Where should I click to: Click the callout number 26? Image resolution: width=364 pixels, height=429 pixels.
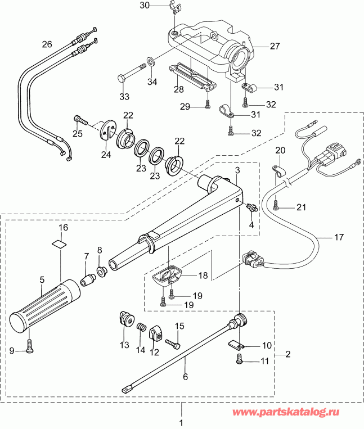47,44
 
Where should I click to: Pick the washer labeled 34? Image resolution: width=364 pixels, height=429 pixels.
151,60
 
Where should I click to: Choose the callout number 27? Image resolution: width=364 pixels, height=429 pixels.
274,47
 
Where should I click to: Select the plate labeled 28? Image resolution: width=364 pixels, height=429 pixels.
192,75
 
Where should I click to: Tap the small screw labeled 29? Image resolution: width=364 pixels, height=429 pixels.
208,103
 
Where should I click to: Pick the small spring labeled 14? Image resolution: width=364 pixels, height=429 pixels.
142,328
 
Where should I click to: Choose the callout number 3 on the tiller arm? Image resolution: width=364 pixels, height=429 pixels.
237,169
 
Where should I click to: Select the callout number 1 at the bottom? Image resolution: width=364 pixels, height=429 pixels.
181,422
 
